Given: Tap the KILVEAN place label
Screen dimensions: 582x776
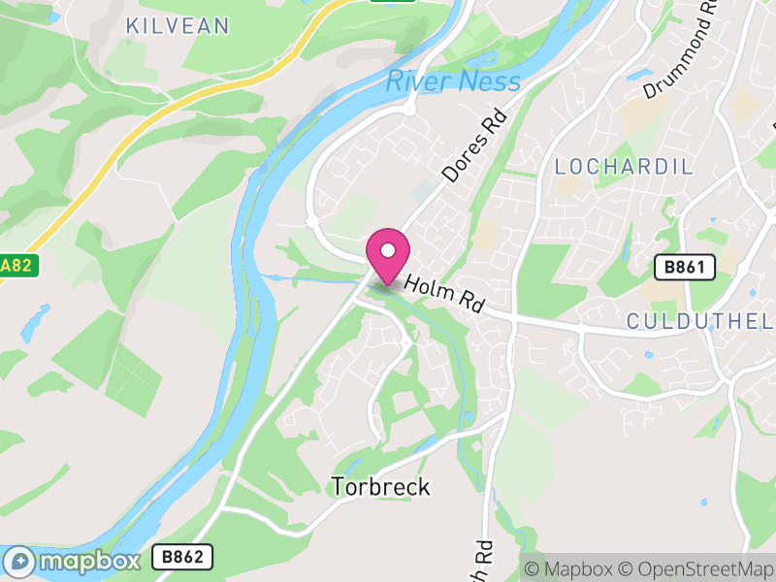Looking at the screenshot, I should pos(178,25).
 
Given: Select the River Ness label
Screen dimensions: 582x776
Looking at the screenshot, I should pos(453,81).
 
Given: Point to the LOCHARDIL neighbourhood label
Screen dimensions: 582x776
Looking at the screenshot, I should pos(624,167).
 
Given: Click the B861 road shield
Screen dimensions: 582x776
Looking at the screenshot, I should pos(684,267).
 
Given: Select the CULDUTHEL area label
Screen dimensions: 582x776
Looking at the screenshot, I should pos(699,321).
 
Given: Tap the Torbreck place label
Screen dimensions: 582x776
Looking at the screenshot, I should pos(380,486).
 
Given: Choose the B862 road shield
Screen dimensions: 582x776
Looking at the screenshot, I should pos(182,557).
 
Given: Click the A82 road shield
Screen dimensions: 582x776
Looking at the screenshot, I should pos(17,265).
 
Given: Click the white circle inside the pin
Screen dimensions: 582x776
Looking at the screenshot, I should pos(388,249).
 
